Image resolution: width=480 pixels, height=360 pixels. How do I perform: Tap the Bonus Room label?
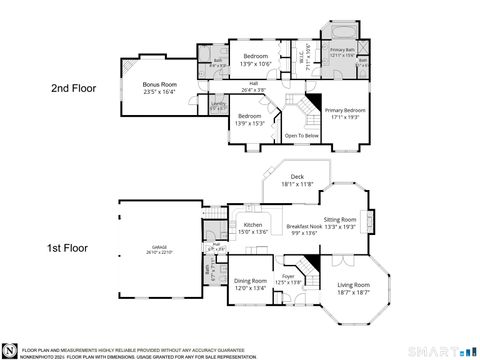pyautogui.click(x=159, y=87)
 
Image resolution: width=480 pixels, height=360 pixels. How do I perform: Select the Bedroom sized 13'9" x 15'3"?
pyautogui.click(x=250, y=120)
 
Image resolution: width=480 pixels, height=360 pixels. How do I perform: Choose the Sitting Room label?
pyautogui.click(x=340, y=222)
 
